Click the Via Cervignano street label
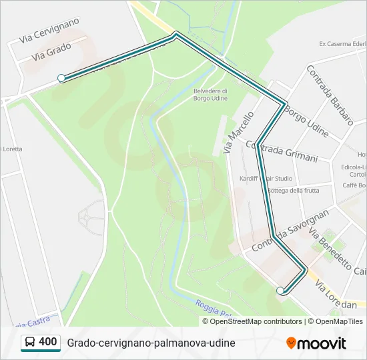(49, 31)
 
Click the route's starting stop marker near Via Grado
(61, 78)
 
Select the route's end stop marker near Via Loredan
(280, 291)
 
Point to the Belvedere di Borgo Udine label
(210, 95)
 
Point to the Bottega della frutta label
(292, 191)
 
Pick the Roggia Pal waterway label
(213, 309)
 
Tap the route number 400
(48, 342)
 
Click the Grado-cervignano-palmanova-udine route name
(151, 343)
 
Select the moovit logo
(316, 343)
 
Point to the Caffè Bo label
(354, 185)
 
